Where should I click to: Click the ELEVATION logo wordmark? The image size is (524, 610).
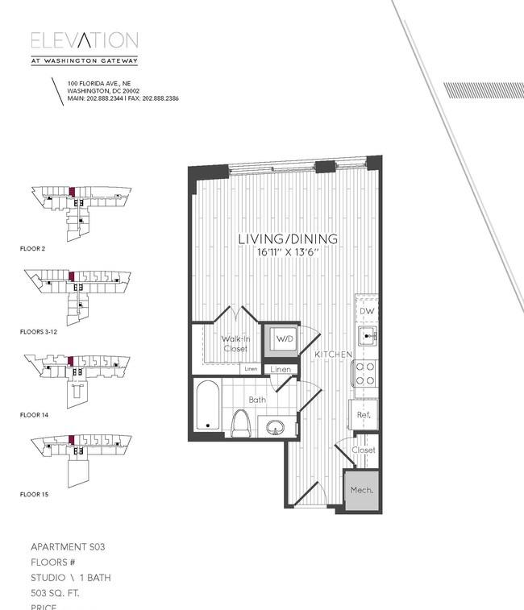pyautogui.click(x=85, y=41)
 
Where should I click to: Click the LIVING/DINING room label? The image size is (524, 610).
pyautogui.click(x=287, y=239)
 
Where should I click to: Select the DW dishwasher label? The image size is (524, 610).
pyautogui.click(x=367, y=311)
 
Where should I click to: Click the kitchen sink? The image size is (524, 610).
pyautogui.click(x=367, y=337)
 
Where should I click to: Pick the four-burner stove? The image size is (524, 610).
pyautogui.click(x=366, y=372)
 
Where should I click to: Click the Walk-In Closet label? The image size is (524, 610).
pyautogui.click(x=235, y=344)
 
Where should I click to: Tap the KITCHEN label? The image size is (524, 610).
pyautogui.click(x=332, y=355)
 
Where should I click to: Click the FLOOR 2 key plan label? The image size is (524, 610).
pyautogui.click(x=32, y=249)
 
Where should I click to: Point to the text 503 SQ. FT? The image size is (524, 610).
pyautogui.click(x=56, y=592)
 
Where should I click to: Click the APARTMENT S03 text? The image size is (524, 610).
pyautogui.click(x=68, y=547)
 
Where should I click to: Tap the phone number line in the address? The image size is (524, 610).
pyautogui.click(x=123, y=98)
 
